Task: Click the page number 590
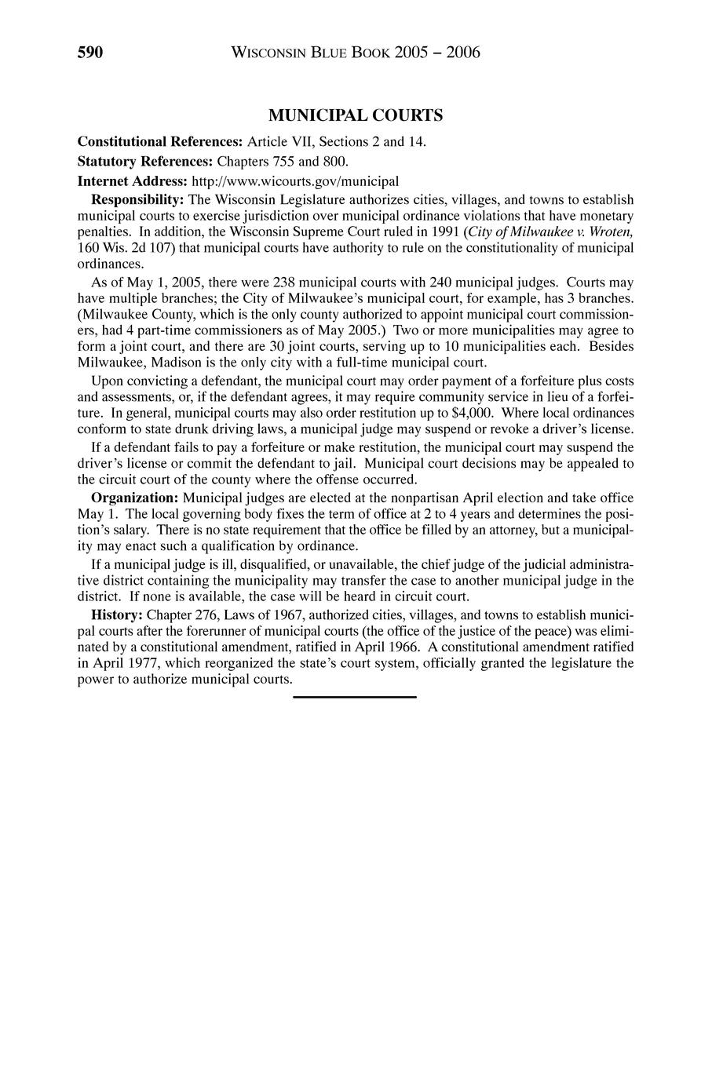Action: (x=90, y=53)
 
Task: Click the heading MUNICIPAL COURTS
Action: (x=356, y=116)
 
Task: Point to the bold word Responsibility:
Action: (x=137, y=199)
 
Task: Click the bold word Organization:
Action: (x=135, y=498)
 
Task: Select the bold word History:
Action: (x=117, y=614)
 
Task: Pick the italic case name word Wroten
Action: (x=608, y=232)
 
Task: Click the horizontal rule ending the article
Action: (x=355, y=696)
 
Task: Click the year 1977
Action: (x=138, y=663)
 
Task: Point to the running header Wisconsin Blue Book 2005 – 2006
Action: (x=356, y=53)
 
